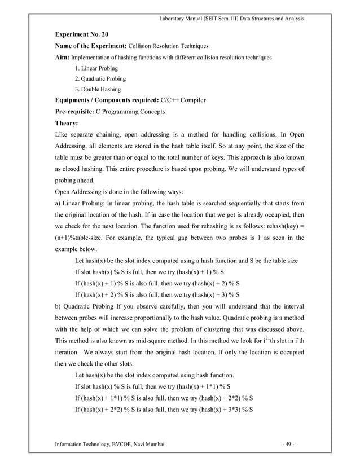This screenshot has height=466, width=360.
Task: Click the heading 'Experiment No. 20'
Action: [x=81, y=34]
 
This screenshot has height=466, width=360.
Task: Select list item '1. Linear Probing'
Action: [x=96, y=68]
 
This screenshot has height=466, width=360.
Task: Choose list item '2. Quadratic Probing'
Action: [x=100, y=79]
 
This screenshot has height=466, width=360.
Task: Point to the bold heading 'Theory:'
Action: [x=67, y=122]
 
